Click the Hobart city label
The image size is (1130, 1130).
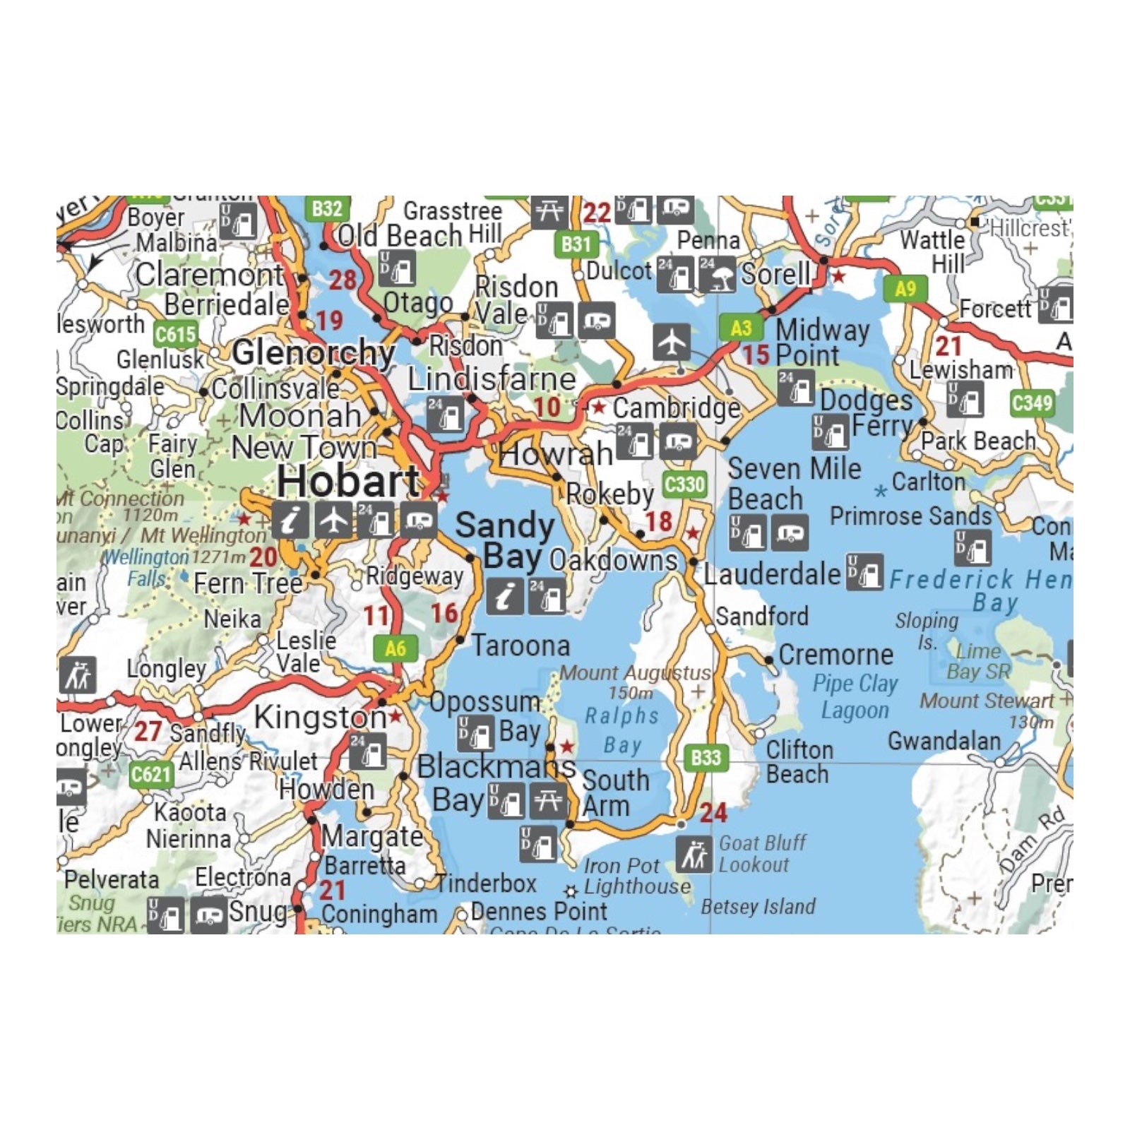coord(348,482)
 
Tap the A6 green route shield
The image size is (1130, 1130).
coord(395,648)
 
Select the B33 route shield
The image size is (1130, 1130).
coord(706,758)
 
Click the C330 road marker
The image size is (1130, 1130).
coord(685,484)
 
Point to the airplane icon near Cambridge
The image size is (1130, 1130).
coord(671,343)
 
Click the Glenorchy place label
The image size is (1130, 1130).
coord(313,352)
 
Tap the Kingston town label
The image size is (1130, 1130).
coord(320,718)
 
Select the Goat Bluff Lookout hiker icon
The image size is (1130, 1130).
coord(694,855)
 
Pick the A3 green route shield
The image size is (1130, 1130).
coord(741,328)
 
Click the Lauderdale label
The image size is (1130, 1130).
coord(772,574)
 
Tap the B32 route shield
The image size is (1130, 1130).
coord(327,208)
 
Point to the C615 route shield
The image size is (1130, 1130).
coord(174,334)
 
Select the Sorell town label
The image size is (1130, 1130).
coord(775,274)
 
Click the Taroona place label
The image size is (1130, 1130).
coord(521,646)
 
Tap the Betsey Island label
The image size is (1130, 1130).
coord(758,907)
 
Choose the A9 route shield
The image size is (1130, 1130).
coord(905,288)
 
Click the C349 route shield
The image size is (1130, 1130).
coord(1032,403)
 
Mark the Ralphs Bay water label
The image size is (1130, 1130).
coord(622,730)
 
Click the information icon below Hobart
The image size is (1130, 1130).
coord(290,521)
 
